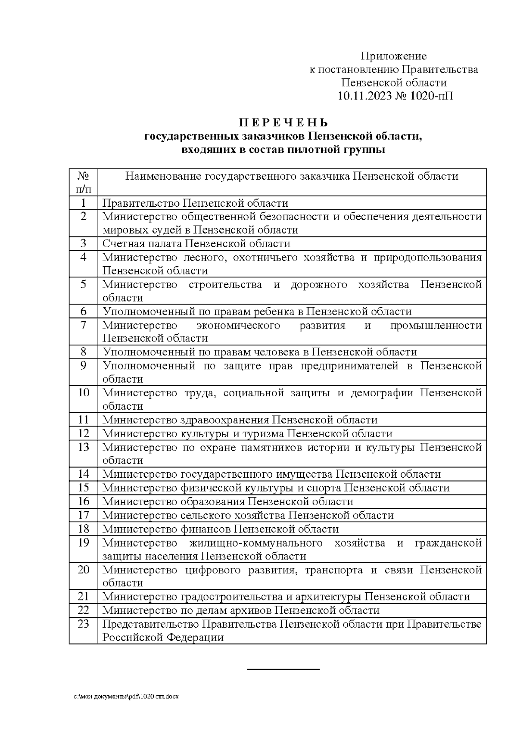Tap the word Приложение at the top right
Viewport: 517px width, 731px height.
(393, 56)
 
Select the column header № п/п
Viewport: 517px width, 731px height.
(83, 182)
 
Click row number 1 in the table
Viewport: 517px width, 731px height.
(83, 203)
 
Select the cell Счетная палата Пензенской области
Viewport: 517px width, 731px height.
(196, 243)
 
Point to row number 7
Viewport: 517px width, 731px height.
(83, 325)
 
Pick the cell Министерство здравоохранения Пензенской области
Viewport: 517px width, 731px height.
(240, 420)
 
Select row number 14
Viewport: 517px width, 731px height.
(83, 474)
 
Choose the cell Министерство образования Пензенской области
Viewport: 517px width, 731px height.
(227, 501)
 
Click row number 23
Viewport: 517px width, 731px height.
(83, 624)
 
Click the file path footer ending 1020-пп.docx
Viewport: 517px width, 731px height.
(125, 696)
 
